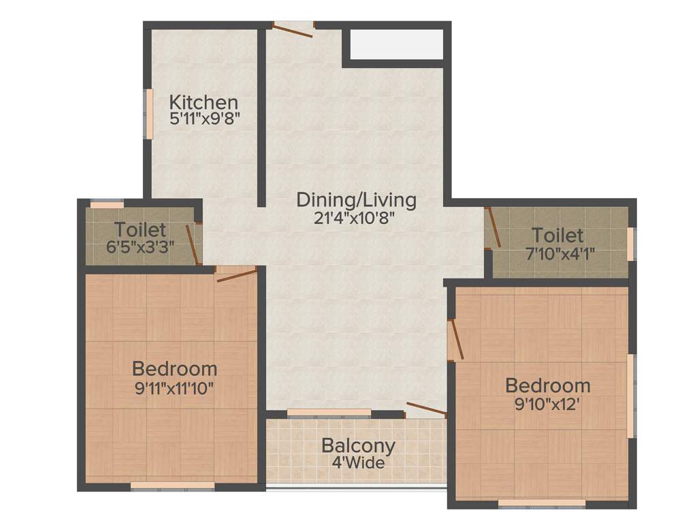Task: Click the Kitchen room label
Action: click(x=204, y=103)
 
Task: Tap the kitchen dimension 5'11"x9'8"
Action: click(x=204, y=118)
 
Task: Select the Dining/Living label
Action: click(x=356, y=200)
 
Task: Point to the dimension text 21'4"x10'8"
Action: click(x=356, y=218)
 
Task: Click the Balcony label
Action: click(x=358, y=446)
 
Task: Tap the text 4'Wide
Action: click(x=358, y=463)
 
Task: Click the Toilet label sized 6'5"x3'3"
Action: click(x=140, y=229)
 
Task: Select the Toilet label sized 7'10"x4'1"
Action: click(x=557, y=236)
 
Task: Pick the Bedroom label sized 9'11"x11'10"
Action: click(x=174, y=369)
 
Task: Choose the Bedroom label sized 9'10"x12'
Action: click(x=547, y=385)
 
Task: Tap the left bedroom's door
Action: click(x=236, y=274)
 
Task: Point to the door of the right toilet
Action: click(x=493, y=228)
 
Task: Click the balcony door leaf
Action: click(x=426, y=409)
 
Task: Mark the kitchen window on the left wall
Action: click(x=148, y=114)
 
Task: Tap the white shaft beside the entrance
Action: click(x=395, y=44)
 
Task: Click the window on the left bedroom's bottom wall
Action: click(x=172, y=486)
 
